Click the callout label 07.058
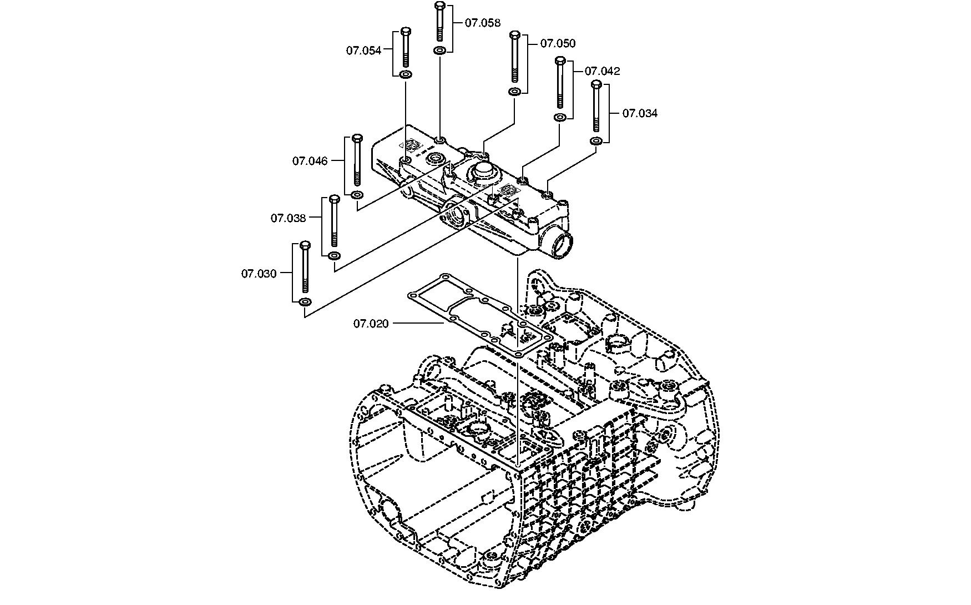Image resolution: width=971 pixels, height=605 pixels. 482,23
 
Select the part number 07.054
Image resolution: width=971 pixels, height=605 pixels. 364,51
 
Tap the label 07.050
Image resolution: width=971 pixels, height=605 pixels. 558,43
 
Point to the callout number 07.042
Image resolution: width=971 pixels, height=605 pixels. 602,71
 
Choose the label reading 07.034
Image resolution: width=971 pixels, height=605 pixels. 640,113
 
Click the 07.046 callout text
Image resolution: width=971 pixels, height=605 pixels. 310,161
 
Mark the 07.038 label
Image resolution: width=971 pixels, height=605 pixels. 288,218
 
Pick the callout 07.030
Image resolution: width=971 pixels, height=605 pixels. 259,274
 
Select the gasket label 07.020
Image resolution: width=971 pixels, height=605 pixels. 371,323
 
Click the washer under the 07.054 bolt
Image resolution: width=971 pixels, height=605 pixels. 406,74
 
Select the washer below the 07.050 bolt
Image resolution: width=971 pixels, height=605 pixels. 515,91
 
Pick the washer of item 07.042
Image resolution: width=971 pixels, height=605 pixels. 560,117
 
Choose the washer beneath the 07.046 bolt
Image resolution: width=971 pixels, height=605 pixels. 357,194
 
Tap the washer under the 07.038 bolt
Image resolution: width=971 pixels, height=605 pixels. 335,255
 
